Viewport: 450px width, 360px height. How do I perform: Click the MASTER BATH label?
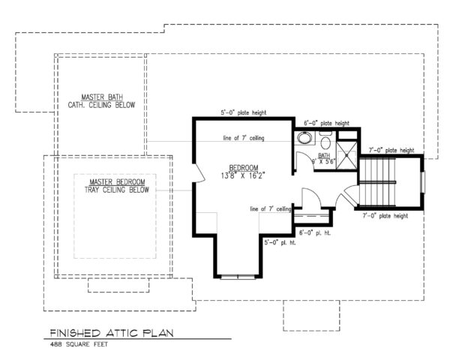(x=109, y=97)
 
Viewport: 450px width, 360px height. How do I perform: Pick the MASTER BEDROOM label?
(x=117, y=182)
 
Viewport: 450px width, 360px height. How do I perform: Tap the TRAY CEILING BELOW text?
(x=117, y=190)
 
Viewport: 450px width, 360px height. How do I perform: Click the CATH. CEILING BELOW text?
(x=109, y=106)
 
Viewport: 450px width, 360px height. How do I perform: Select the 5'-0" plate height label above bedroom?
(x=239, y=113)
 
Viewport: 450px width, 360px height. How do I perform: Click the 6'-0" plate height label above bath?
(x=327, y=123)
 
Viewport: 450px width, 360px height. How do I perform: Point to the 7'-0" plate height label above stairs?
(x=391, y=150)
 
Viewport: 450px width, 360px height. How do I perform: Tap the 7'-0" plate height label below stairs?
(x=384, y=216)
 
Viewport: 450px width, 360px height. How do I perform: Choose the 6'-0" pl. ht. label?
(x=316, y=233)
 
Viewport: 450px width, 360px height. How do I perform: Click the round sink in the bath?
(x=305, y=138)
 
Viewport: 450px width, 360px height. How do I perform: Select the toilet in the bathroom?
(x=325, y=142)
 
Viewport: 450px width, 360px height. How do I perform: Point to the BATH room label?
(x=324, y=156)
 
